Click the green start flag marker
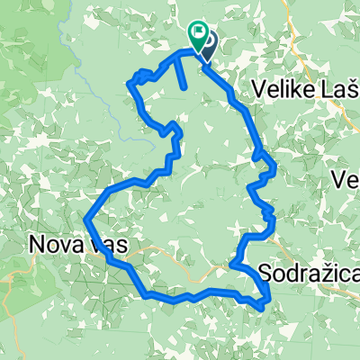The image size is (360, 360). point(197,34)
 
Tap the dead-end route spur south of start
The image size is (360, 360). point(185,86)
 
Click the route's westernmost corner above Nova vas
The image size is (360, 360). point(85,218)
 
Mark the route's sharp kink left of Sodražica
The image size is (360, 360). point(231,265)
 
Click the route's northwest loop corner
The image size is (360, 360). point(132,84)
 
